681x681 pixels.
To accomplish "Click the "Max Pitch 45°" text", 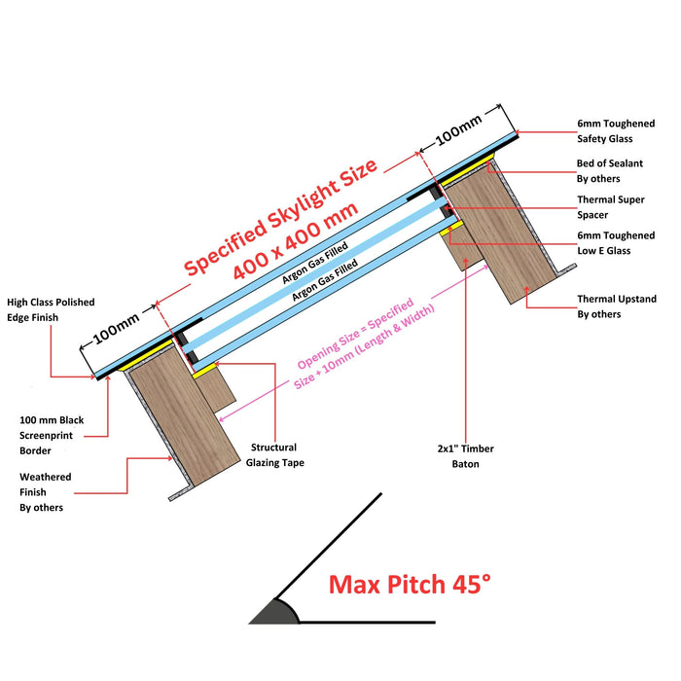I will [410, 585].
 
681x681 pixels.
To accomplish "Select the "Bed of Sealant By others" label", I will [610, 171].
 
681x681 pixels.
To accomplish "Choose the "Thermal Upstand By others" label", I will [617, 306].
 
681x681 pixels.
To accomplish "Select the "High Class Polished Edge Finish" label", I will [48, 310].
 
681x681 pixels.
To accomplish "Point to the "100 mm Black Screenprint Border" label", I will [52, 435].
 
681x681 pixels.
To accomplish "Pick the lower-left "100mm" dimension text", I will [118, 327].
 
